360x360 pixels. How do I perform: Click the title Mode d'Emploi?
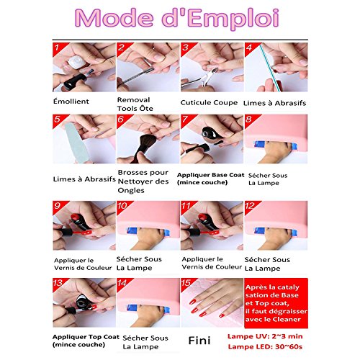[177, 18]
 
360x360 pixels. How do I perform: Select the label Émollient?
[71, 101]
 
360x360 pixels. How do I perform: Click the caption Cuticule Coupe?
[209, 103]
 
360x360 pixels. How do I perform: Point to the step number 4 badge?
[250, 48]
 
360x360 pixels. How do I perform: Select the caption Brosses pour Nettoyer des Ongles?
[143, 181]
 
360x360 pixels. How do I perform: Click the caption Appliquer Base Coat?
[210, 175]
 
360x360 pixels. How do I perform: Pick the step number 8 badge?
[250, 120]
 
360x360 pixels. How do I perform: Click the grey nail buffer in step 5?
[76, 142]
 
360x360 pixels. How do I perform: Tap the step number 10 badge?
[122, 206]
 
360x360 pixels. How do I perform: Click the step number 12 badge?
[250, 206]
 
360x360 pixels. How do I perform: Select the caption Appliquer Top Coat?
[86, 337]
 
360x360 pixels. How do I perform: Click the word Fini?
[199, 341]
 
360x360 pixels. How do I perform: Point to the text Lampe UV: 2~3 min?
[265, 336]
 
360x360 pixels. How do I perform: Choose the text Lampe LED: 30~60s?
[265, 346]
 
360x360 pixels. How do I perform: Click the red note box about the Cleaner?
[276, 303]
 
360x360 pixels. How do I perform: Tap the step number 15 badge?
[186, 283]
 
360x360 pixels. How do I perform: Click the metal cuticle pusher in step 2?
[136, 76]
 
